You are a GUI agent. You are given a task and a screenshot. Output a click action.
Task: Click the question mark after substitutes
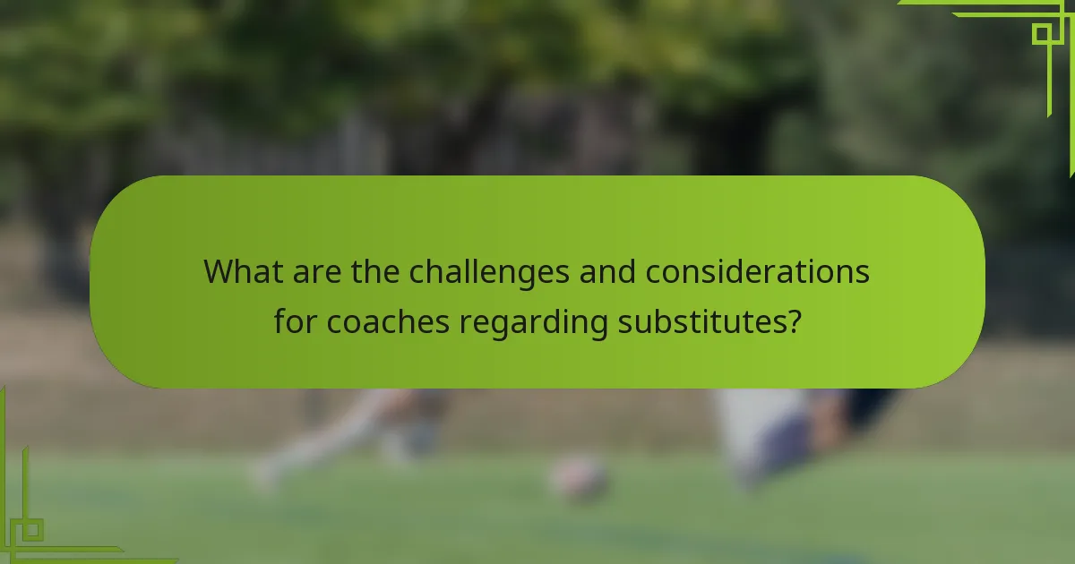791,320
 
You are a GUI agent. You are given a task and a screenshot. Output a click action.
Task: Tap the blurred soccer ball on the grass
578,477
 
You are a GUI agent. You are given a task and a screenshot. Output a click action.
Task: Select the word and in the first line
607,271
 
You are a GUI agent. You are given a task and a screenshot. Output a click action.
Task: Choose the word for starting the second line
296,320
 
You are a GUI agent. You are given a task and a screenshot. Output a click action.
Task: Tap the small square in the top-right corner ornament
1042,34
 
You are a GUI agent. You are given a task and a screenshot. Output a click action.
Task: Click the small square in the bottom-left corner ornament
31,530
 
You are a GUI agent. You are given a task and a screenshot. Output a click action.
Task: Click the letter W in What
219,271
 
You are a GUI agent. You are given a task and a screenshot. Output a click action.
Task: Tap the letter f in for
279,320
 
